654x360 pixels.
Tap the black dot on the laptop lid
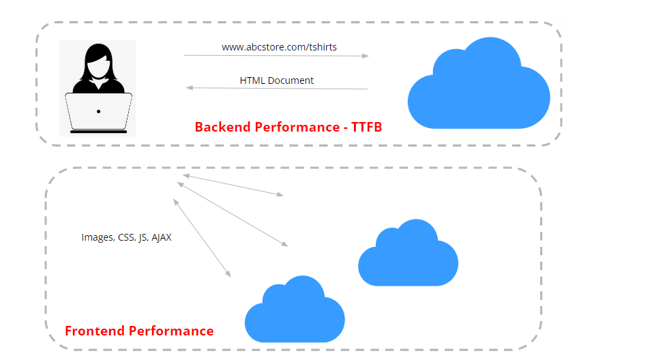tap(98, 111)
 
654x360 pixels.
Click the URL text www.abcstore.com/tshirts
tap(279, 47)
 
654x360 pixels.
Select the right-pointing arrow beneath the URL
tap(276, 56)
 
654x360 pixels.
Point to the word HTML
tap(252, 80)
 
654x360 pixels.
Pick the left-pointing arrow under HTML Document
tap(277, 88)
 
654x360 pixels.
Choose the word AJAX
tap(162, 238)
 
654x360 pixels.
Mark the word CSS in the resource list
tap(127, 238)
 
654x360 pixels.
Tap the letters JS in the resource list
tap(143, 238)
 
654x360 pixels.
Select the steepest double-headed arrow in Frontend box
tap(202, 238)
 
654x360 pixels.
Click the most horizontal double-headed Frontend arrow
tap(233, 185)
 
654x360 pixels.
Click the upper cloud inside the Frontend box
tap(408, 255)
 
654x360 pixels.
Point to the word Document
tap(291, 80)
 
